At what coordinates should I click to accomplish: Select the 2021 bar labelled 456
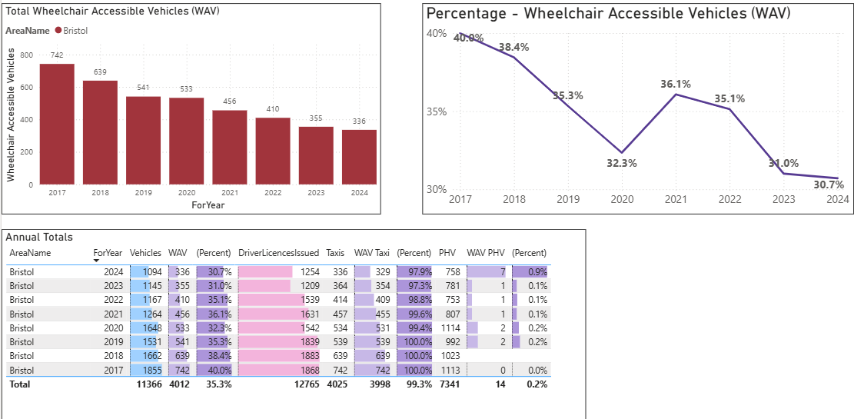pos(229,147)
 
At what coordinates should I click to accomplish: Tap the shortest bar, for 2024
pos(359,157)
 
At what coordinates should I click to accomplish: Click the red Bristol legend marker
pos(58,30)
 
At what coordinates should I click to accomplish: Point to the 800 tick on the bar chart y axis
pos(28,55)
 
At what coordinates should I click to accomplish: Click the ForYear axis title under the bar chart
pos(209,205)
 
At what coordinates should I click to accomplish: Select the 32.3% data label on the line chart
pos(621,163)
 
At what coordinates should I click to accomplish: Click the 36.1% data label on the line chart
pos(676,84)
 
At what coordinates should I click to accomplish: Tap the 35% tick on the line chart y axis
pos(437,111)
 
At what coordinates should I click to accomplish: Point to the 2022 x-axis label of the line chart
pos(729,200)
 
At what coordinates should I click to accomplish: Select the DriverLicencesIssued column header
pos(278,252)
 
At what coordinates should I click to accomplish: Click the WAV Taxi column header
pos(372,252)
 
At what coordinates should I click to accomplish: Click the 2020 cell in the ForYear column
pos(112,328)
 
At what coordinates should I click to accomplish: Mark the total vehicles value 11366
pos(148,384)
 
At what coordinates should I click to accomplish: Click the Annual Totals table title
pos(38,238)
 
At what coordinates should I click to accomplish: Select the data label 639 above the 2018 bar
pos(100,72)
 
